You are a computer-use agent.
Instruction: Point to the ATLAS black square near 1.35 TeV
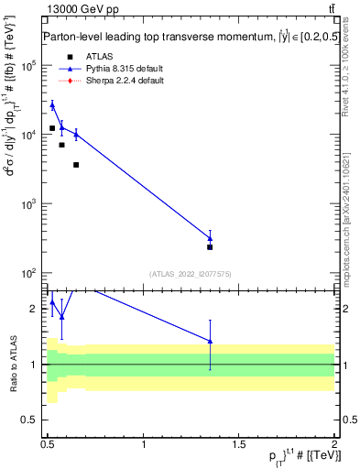click(210, 246)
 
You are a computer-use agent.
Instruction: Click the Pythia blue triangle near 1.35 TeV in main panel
click(210, 238)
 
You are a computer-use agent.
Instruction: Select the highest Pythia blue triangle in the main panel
click(52, 105)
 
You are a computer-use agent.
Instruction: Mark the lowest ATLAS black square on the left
click(76, 165)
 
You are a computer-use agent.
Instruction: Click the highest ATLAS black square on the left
click(52, 128)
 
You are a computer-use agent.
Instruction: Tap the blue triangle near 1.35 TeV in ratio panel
click(211, 341)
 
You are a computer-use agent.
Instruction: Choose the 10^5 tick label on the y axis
click(29, 66)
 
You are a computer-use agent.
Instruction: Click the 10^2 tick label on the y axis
click(29, 273)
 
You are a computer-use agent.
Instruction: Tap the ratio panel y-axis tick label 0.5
click(32, 420)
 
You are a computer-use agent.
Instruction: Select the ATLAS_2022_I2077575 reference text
click(190, 273)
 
